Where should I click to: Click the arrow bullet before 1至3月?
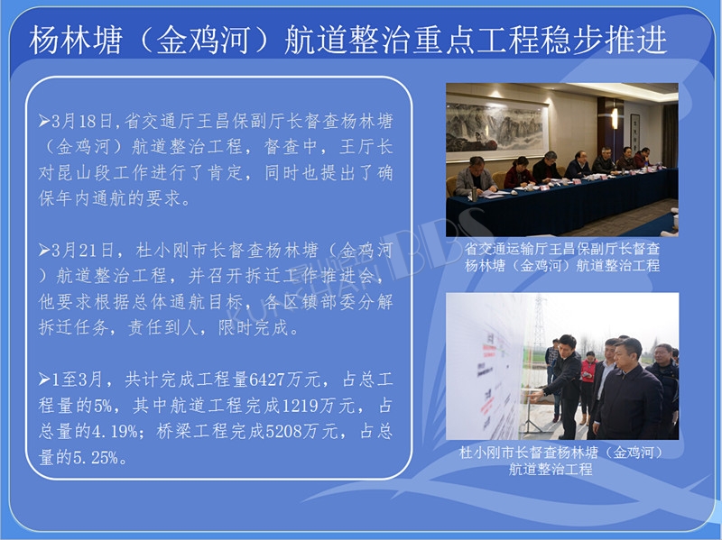[x=44, y=380]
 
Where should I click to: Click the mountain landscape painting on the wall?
[x=495, y=127]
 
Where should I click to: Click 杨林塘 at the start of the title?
[x=76, y=40]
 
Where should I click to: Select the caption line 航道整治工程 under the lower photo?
[x=551, y=469]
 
